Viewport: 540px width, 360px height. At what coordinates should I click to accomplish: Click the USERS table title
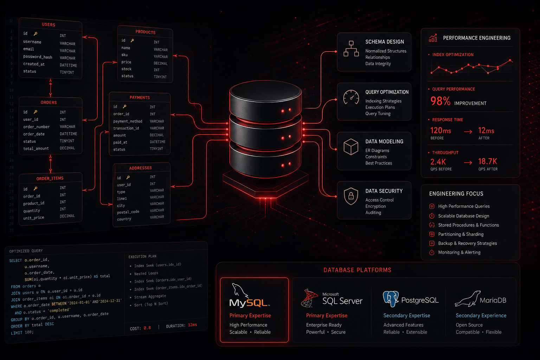(x=49, y=25)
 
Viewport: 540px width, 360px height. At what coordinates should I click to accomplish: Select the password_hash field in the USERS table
(x=38, y=57)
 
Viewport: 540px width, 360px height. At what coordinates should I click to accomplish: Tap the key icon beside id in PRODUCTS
(x=132, y=40)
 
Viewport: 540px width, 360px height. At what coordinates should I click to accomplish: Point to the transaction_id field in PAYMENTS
(x=126, y=128)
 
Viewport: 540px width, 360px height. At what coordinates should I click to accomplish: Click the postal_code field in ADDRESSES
(x=128, y=212)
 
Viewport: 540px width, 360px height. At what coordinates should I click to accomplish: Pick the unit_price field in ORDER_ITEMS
(x=33, y=218)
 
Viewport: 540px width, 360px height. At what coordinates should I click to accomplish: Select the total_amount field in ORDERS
(x=36, y=148)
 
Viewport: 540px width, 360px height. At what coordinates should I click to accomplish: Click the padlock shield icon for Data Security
(x=351, y=196)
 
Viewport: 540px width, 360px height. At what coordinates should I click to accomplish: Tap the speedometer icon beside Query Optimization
(x=351, y=97)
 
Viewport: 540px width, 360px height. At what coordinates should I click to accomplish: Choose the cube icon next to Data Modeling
(x=351, y=147)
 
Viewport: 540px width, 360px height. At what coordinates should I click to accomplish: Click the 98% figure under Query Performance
(x=440, y=101)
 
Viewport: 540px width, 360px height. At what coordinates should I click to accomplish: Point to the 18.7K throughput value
(x=488, y=161)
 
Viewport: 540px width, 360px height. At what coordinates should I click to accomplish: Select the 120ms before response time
(x=441, y=130)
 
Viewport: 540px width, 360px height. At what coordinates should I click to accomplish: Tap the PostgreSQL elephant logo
(x=391, y=299)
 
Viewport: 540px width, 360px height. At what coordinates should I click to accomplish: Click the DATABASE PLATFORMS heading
(x=357, y=270)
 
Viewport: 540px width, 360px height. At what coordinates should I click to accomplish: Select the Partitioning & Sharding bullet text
(x=461, y=234)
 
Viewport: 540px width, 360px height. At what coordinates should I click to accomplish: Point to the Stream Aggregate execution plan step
(x=150, y=296)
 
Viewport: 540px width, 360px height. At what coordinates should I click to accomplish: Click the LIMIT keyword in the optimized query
(x=17, y=333)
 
